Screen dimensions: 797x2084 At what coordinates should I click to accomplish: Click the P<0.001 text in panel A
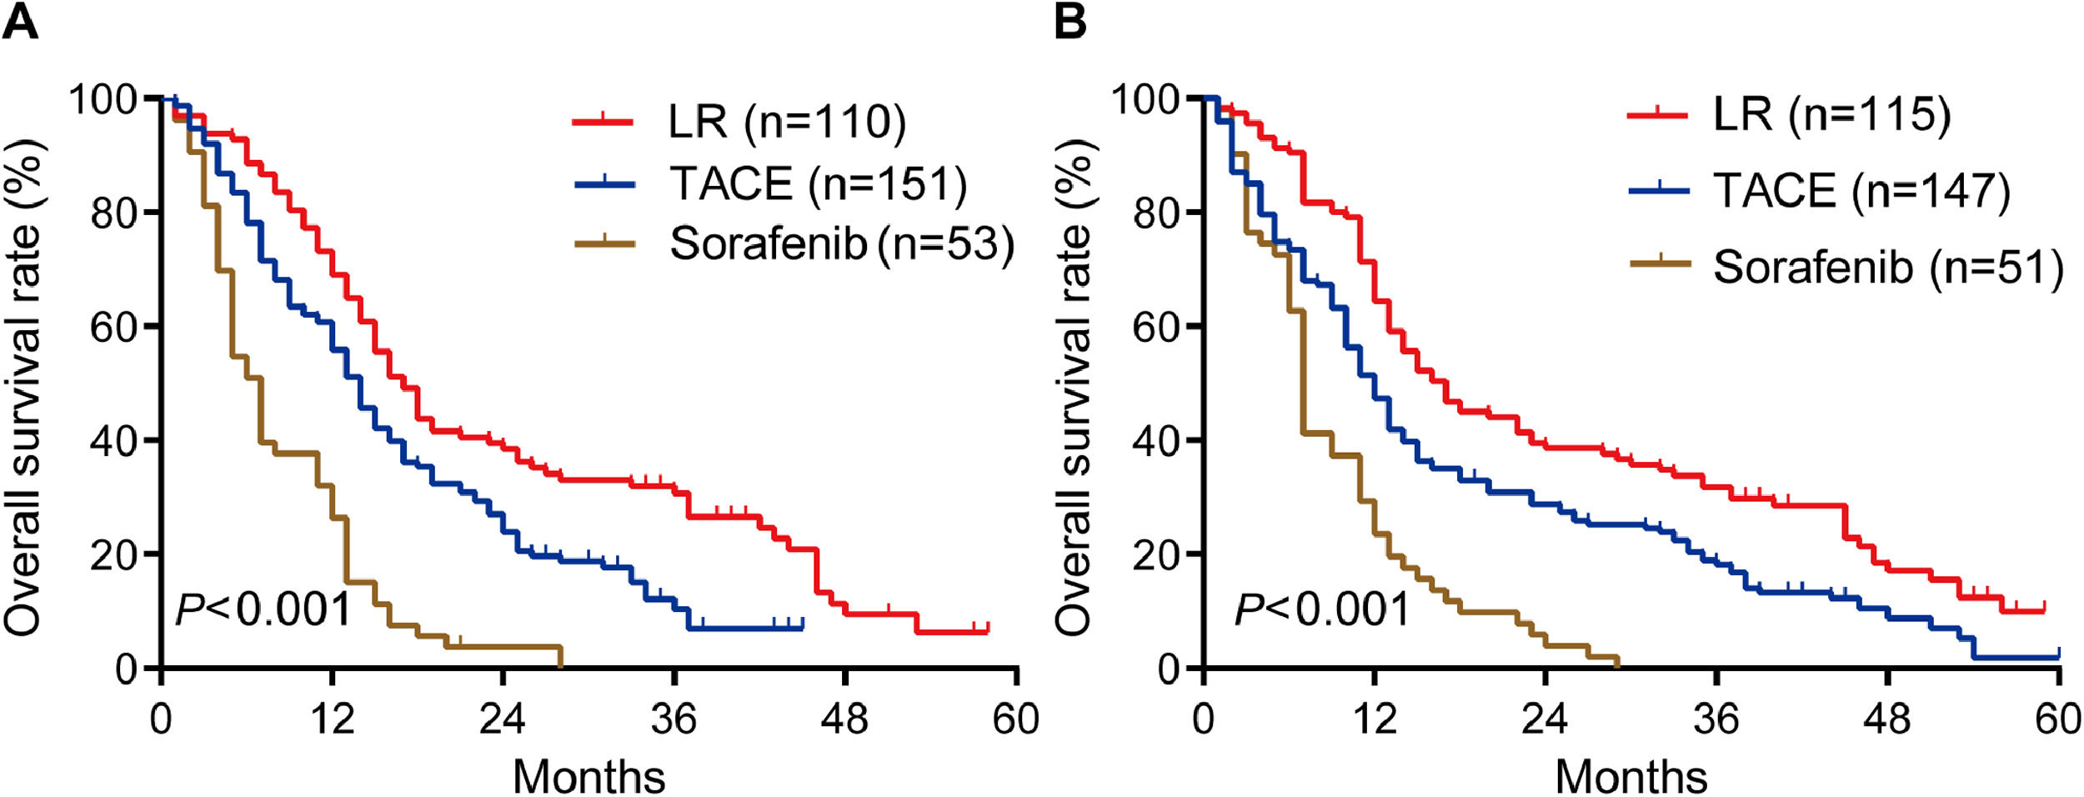pyautogui.click(x=263, y=609)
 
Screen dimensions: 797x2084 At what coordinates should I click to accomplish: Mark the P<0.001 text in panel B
pyautogui.click(x=1321, y=609)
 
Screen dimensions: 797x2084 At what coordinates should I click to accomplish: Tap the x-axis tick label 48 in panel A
pyautogui.click(x=845, y=719)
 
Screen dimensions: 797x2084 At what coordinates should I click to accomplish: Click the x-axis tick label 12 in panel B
pyautogui.click(x=1375, y=719)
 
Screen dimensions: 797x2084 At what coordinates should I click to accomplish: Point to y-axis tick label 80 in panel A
pyautogui.click(x=113, y=213)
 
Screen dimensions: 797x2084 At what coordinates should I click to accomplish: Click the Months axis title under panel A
pyautogui.click(x=589, y=776)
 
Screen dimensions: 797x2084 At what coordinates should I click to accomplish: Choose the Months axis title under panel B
pyautogui.click(x=1631, y=776)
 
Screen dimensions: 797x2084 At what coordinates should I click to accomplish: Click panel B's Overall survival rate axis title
pyautogui.click(x=1075, y=388)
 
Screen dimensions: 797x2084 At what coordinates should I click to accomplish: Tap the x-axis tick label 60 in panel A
pyautogui.click(x=1016, y=719)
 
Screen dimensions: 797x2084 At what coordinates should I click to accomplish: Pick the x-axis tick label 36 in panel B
pyautogui.click(x=1716, y=719)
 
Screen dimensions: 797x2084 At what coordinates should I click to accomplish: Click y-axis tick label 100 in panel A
pyautogui.click(x=103, y=100)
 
